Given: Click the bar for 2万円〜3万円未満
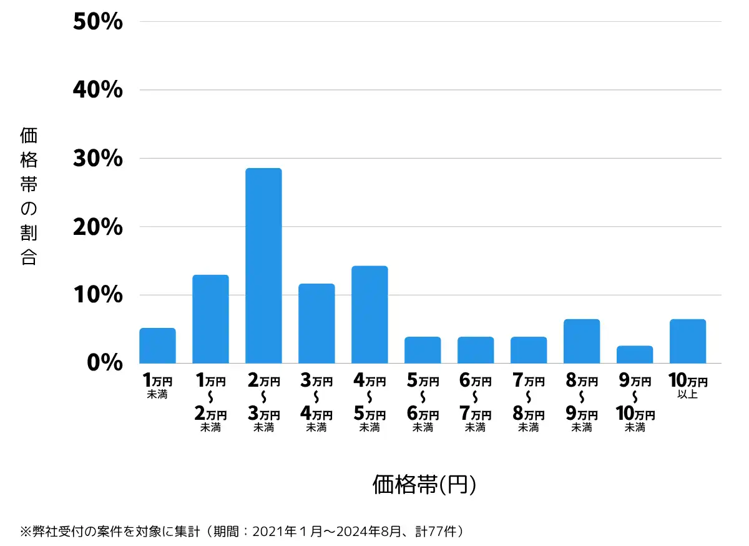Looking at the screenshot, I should click(263, 266).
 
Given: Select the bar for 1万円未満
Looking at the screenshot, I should click(157, 345).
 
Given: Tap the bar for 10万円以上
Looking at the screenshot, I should click(687, 341).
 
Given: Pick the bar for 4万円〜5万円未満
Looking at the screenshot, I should click(370, 314).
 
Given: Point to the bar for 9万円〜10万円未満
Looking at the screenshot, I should click(634, 354).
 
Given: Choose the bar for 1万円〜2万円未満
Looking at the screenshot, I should click(210, 319).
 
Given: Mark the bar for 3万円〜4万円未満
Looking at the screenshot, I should click(316, 323).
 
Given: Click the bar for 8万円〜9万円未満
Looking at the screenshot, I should click(581, 341).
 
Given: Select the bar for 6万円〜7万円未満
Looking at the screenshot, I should click(476, 350).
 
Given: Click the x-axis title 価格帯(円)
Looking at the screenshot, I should click(424, 485).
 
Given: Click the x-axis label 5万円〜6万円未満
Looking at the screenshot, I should click(423, 404).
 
